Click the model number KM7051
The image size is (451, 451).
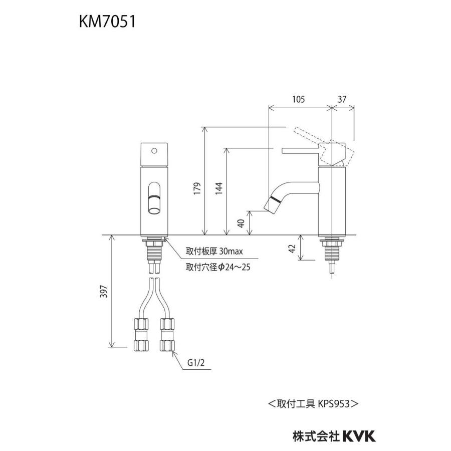(x=106, y=23)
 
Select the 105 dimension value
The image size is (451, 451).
(x=299, y=99)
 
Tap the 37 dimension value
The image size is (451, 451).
(x=342, y=99)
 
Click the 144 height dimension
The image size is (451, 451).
(x=218, y=187)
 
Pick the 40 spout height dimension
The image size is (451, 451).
(x=241, y=223)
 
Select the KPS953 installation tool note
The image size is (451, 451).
(x=313, y=402)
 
